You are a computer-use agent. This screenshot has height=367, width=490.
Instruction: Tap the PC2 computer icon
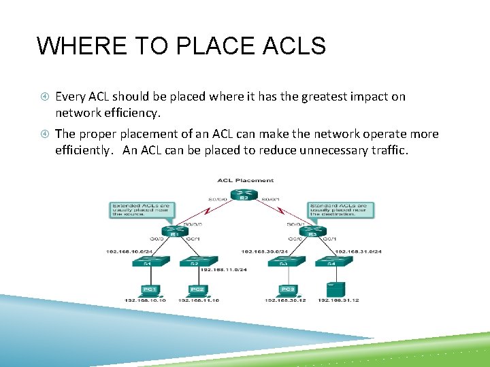click(x=197, y=288)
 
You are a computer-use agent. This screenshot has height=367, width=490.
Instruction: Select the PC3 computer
click(x=289, y=288)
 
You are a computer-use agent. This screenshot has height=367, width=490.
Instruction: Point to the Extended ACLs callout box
click(x=140, y=211)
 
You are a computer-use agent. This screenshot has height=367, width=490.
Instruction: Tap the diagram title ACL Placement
click(x=245, y=180)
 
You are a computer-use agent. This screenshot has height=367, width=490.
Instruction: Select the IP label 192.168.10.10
click(x=144, y=300)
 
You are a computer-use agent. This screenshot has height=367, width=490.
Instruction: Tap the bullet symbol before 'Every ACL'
click(x=43, y=97)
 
